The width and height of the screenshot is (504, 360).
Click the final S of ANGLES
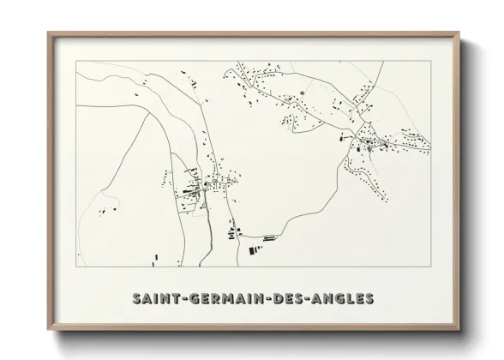[369, 300]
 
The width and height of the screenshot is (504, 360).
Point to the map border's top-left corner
[76, 63]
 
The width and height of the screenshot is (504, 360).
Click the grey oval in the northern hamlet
[302, 90]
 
